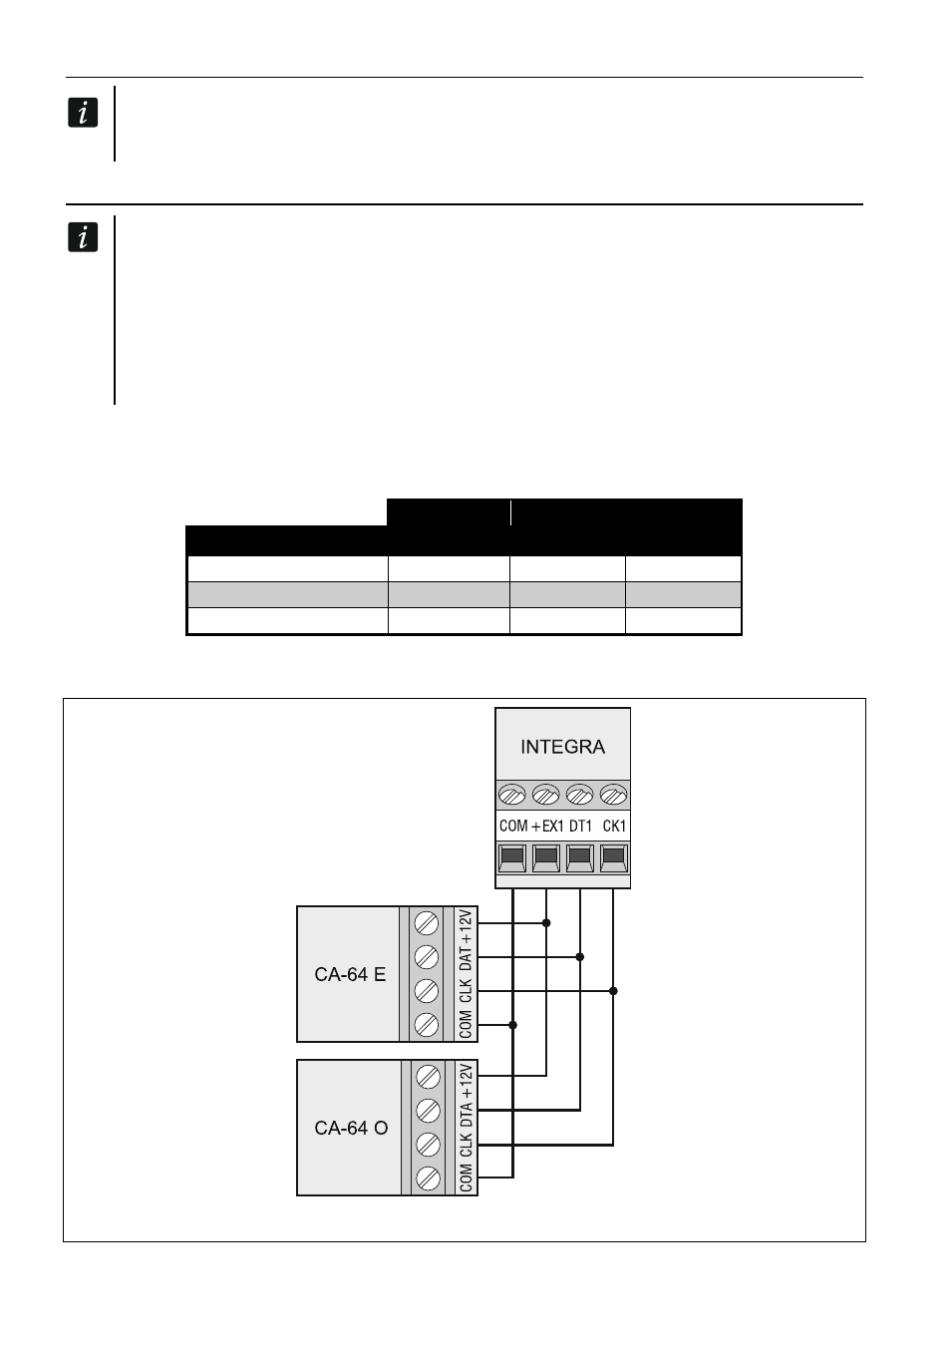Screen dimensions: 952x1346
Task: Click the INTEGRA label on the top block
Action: [562, 747]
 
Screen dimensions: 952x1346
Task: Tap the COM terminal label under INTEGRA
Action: [513, 826]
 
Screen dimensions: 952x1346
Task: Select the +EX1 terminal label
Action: [547, 826]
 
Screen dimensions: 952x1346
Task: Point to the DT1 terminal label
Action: [580, 826]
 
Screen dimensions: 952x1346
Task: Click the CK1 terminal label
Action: [614, 826]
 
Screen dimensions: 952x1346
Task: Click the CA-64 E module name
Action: [350, 974]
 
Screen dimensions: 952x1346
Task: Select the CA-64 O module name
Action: [351, 1128]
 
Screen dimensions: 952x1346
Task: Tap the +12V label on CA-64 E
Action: [466, 928]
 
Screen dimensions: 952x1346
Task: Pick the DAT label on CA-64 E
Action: [466, 959]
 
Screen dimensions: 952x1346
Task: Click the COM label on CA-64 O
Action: [466, 1178]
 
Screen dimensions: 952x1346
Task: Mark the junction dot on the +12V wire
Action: [546, 923]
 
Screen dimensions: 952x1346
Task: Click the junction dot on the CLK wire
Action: [613, 991]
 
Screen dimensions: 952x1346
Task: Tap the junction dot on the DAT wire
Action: [579, 956]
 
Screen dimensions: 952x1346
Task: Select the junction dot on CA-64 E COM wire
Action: [513, 1025]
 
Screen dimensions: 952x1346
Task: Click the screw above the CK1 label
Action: [613, 795]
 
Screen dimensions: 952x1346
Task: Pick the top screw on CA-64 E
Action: [427, 923]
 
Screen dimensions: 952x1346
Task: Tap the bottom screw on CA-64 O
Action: [429, 1178]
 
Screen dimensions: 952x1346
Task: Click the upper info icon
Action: [83, 113]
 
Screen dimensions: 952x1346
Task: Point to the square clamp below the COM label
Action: [512, 857]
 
